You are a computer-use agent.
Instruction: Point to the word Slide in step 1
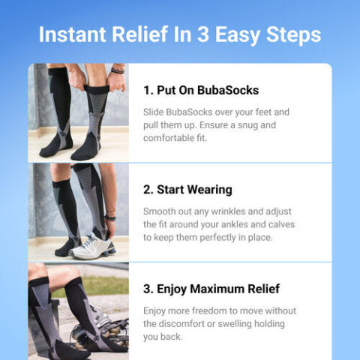point(154,112)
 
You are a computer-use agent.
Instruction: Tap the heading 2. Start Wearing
point(187,190)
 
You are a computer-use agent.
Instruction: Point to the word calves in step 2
point(277,225)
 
